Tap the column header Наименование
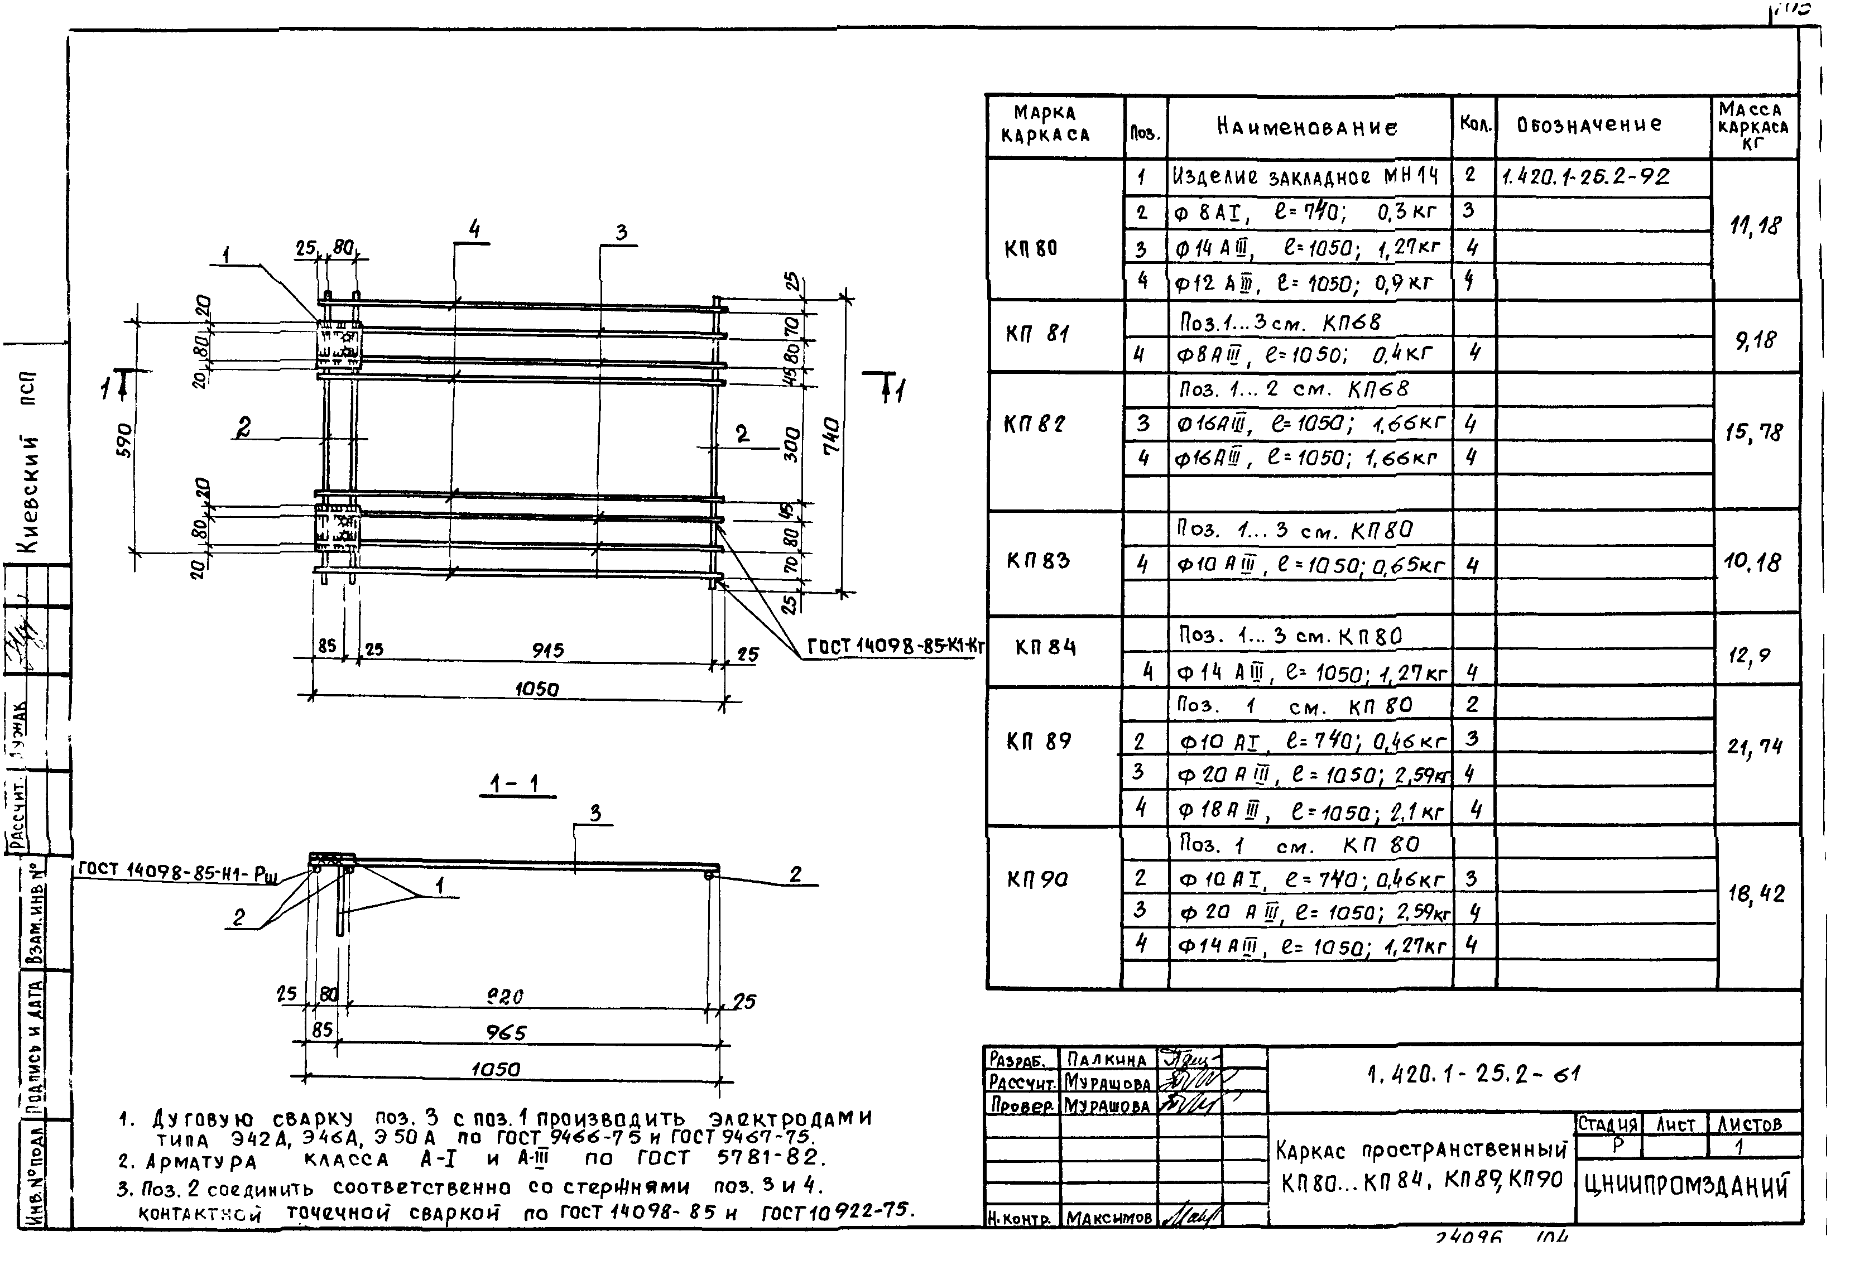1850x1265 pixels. click(1307, 127)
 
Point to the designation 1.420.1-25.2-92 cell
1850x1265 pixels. click(1584, 177)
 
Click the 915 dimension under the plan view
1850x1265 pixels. click(547, 651)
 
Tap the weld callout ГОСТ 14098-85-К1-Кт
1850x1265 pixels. click(896, 646)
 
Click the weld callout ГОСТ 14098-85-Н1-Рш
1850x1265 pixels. click(177, 871)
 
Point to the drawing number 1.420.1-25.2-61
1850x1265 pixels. click(1474, 1075)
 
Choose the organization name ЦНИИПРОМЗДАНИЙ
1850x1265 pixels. click(1686, 1186)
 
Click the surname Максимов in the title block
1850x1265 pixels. click(1108, 1217)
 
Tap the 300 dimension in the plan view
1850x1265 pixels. click(792, 444)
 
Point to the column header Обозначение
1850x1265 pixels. click(1589, 125)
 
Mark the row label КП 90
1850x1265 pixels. click(1037, 879)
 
